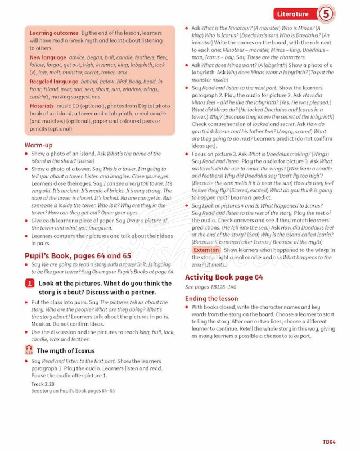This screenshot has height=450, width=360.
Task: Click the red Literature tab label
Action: click(x=294, y=14)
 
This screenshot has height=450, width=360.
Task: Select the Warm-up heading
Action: click(x=38, y=145)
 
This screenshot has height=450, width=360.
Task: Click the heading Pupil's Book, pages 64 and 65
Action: click(x=73, y=255)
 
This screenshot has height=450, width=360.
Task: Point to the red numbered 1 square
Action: click(x=30, y=283)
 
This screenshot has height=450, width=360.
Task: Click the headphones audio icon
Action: click(x=29, y=350)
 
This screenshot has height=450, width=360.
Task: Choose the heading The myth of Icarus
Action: click(x=65, y=351)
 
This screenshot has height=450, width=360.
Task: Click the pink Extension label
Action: click(x=206, y=250)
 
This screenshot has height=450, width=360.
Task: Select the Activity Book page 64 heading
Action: click(x=224, y=277)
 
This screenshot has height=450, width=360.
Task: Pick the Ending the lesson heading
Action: click(x=211, y=298)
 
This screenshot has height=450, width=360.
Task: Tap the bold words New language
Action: click(x=48, y=57)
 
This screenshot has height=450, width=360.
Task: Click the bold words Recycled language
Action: click(x=54, y=81)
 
